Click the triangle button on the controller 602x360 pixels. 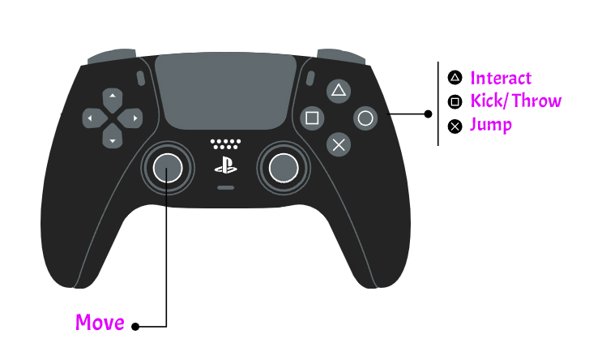click(x=339, y=91)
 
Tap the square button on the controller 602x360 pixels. click(x=312, y=118)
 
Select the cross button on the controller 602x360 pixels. click(x=339, y=145)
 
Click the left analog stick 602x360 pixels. click(x=168, y=168)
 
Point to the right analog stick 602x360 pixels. click(x=284, y=168)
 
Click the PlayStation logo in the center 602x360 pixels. click(x=226, y=165)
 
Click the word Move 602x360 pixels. click(x=100, y=322)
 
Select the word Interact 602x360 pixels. click(x=501, y=78)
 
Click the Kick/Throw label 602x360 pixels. click(x=516, y=101)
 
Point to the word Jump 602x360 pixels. click(x=491, y=125)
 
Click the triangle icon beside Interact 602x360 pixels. click(x=455, y=78)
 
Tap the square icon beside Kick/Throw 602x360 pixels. click(x=455, y=102)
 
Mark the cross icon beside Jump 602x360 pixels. click(x=455, y=126)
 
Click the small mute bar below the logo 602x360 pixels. click(x=226, y=188)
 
